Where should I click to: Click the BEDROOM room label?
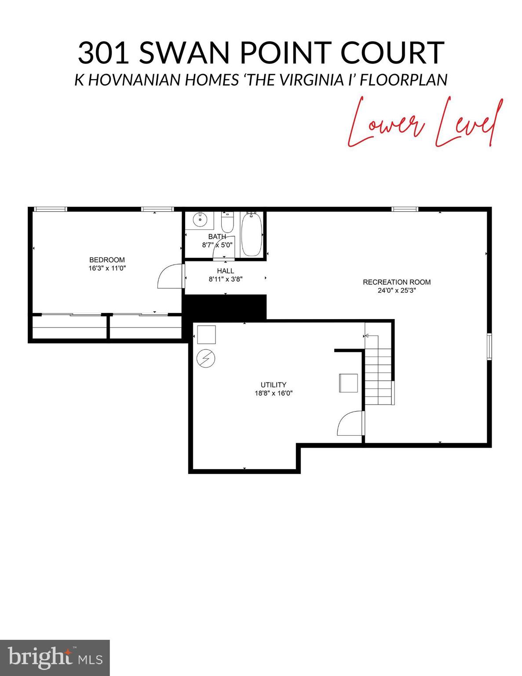[x=107, y=260]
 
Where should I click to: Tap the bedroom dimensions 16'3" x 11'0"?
[x=107, y=268]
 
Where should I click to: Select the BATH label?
[x=217, y=237]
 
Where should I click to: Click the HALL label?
[x=226, y=271]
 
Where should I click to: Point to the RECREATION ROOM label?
[x=397, y=282]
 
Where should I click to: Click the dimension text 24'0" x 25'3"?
[x=397, y=290]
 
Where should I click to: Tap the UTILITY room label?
[x=274, y=385]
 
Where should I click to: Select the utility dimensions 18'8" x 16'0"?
[x=274, y=393]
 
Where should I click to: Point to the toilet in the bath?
[x=227, y=224]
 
